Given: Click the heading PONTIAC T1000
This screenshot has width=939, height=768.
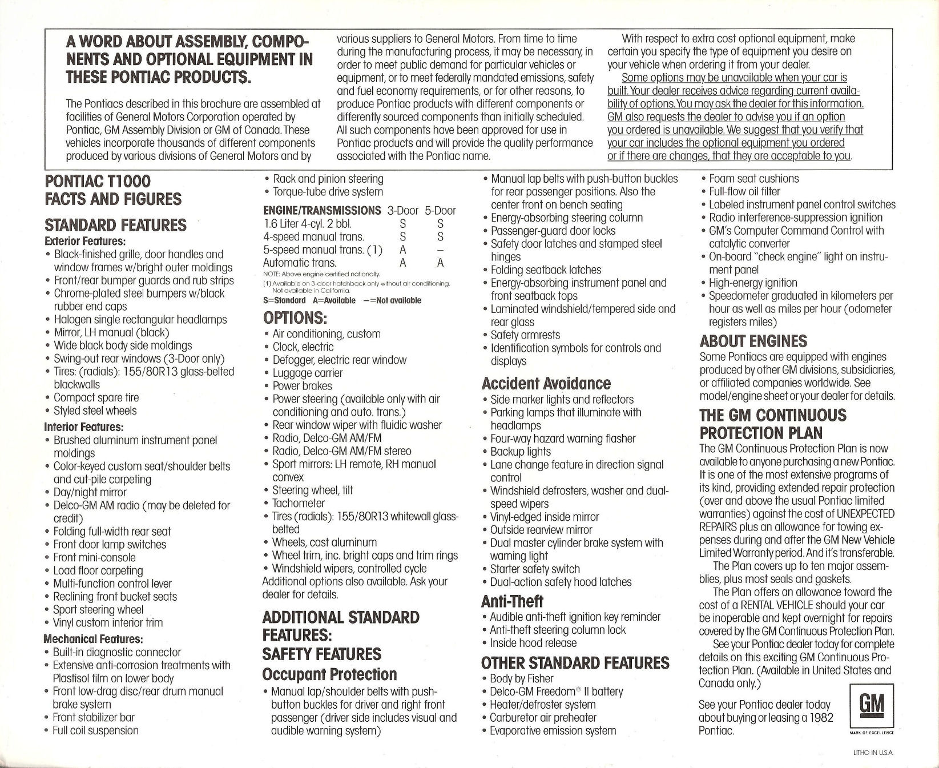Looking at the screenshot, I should tap(98, 182).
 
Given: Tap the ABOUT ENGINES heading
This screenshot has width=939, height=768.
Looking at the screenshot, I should tap(753, 341).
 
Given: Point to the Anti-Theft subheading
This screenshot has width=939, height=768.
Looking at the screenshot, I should tap(512, 601).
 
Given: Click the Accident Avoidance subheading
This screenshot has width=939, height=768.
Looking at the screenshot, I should tap(546, 383).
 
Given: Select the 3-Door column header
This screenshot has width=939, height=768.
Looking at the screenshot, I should tap(402, 210).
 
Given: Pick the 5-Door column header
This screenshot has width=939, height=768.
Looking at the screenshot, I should tap(440, 210).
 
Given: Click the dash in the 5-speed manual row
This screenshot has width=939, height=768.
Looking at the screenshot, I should tap(440, 250).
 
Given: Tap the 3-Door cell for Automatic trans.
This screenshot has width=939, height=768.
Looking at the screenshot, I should tap(402, 263).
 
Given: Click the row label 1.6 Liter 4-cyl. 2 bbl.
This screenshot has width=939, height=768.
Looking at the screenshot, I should tap(308, 224).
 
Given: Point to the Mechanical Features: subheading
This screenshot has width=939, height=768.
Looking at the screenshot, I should tap(93, 639).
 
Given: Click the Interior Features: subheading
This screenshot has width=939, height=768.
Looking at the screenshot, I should tap(84, 427).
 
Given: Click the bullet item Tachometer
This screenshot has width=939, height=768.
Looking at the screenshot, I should tap(299, 503).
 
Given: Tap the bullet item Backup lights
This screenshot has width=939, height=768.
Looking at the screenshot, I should tap(521, 452).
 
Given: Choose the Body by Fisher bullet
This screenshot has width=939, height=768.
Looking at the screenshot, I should tap(522, 678).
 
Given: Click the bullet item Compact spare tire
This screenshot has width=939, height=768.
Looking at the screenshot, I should tap(96, 397).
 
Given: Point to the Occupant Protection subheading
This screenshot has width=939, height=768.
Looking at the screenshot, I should tap(329, 674).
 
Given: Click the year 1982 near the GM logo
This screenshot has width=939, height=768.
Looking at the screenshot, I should tap(821, 718).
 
